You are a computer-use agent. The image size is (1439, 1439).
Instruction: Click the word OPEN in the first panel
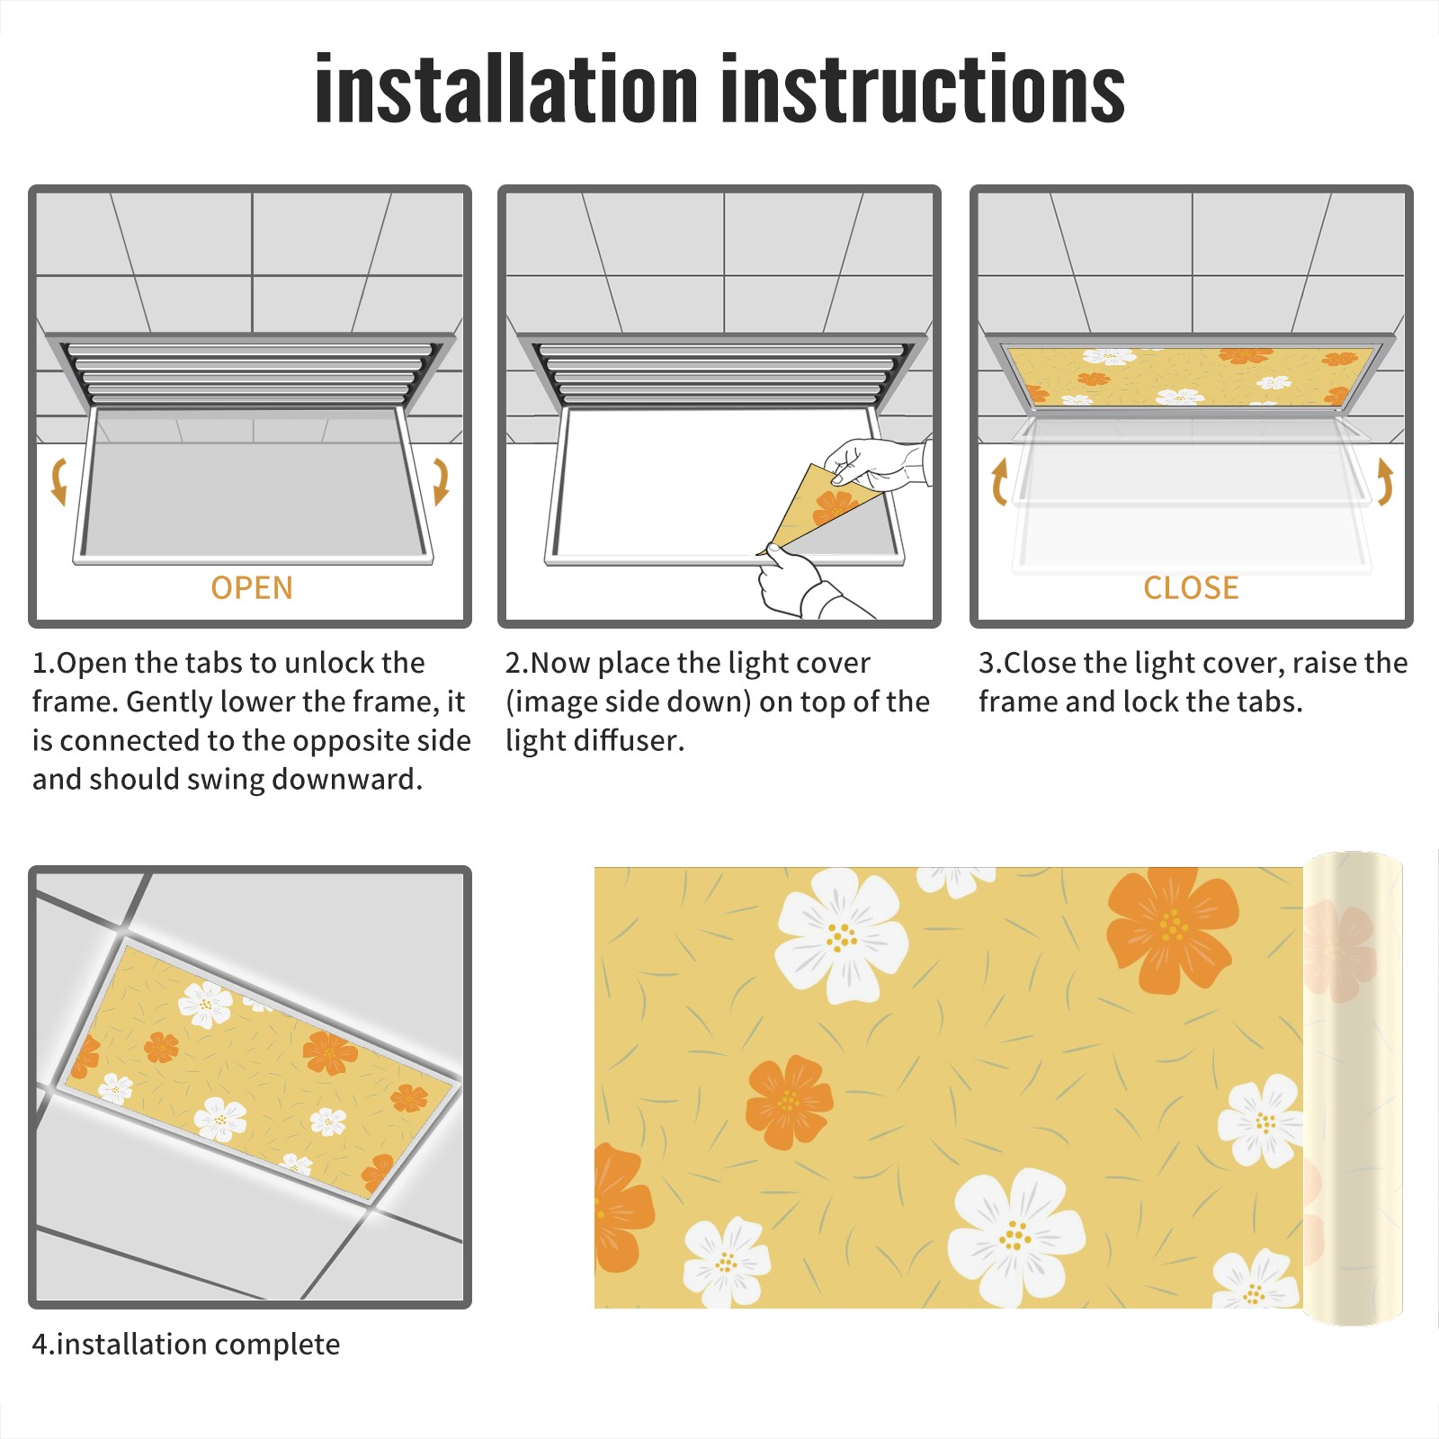(x=252, y=588)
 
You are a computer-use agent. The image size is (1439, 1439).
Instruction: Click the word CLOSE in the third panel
(x=1191, y=588)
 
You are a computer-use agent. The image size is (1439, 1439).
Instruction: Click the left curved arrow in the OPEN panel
(x=58, y=481)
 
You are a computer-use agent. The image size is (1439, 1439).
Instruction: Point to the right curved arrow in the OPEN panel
(x=441, y=481)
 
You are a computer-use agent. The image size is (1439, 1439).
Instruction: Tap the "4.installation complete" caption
(x=186, y=1345)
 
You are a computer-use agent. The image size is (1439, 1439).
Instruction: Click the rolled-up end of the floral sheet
(x=1353, y=1088)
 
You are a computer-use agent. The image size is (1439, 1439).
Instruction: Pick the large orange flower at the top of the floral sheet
(x=1172, y=929)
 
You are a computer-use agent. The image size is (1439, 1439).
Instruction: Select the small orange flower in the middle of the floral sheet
(x=789, y=1102)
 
